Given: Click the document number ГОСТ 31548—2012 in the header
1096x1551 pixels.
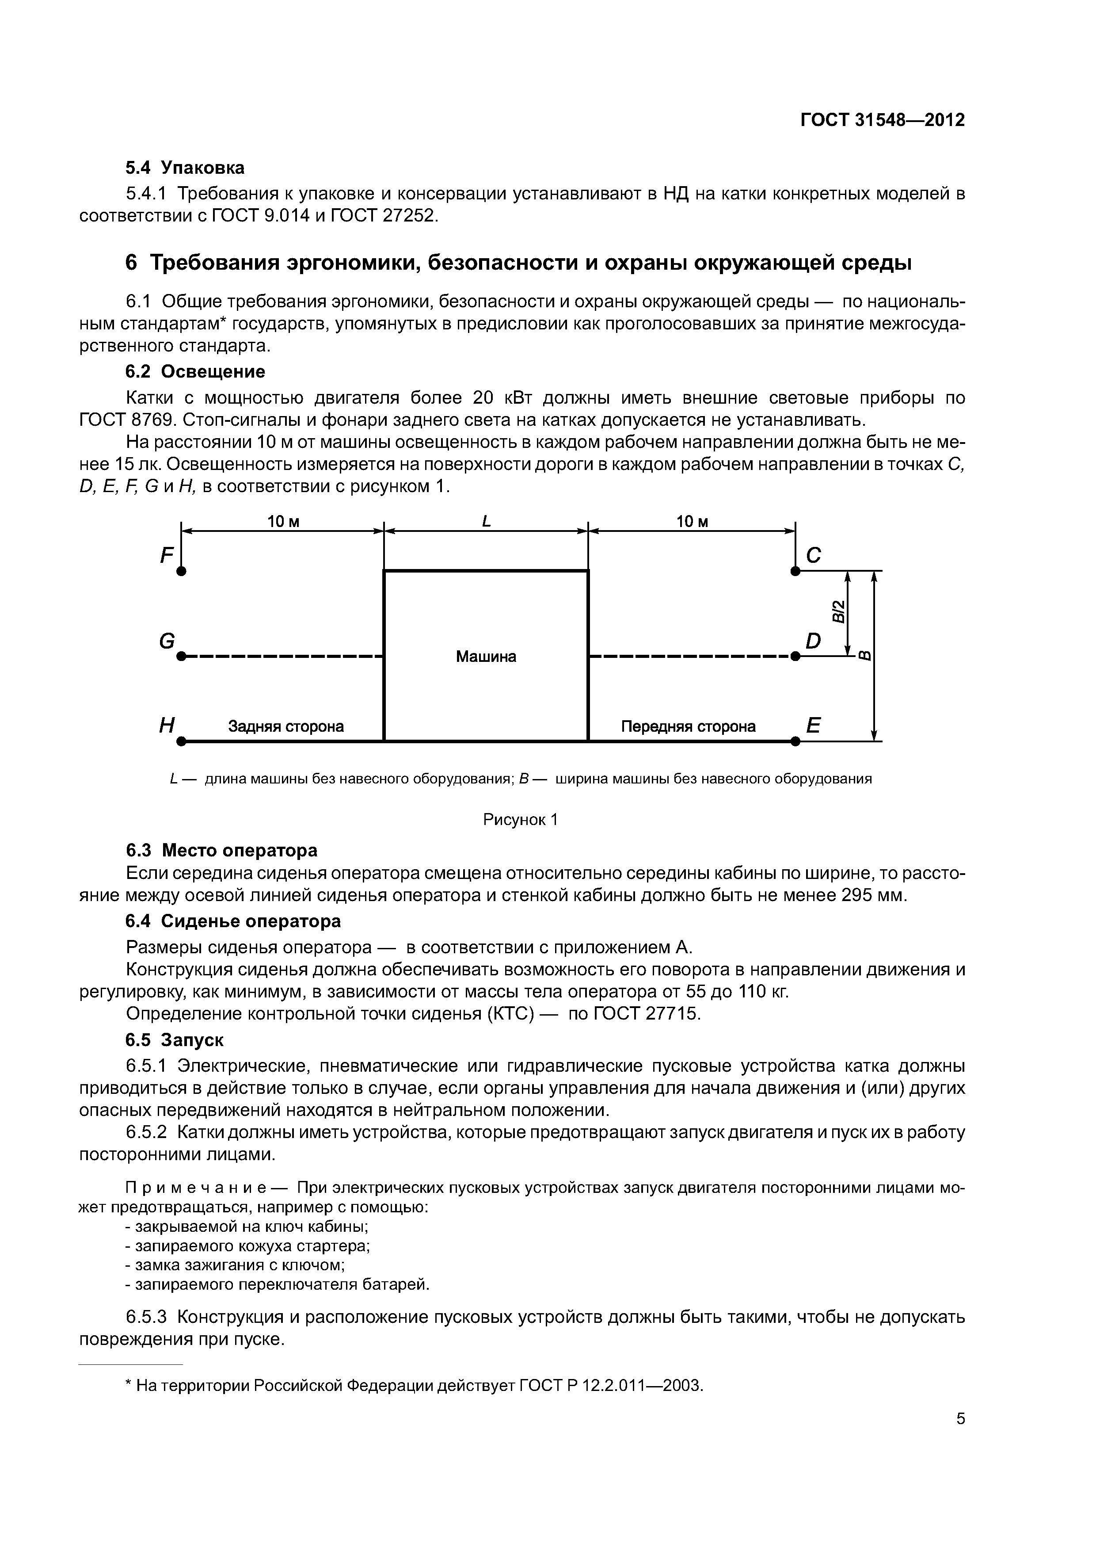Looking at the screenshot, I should click(x=883, y=120).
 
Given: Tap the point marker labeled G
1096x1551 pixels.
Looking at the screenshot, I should click(x=181, y=656).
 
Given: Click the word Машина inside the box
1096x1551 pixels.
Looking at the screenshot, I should click(x=486, y=657).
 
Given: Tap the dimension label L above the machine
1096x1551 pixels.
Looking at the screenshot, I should click(x=486, y=522).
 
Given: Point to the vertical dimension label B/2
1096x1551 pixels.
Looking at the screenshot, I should click(x=837, y=612).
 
